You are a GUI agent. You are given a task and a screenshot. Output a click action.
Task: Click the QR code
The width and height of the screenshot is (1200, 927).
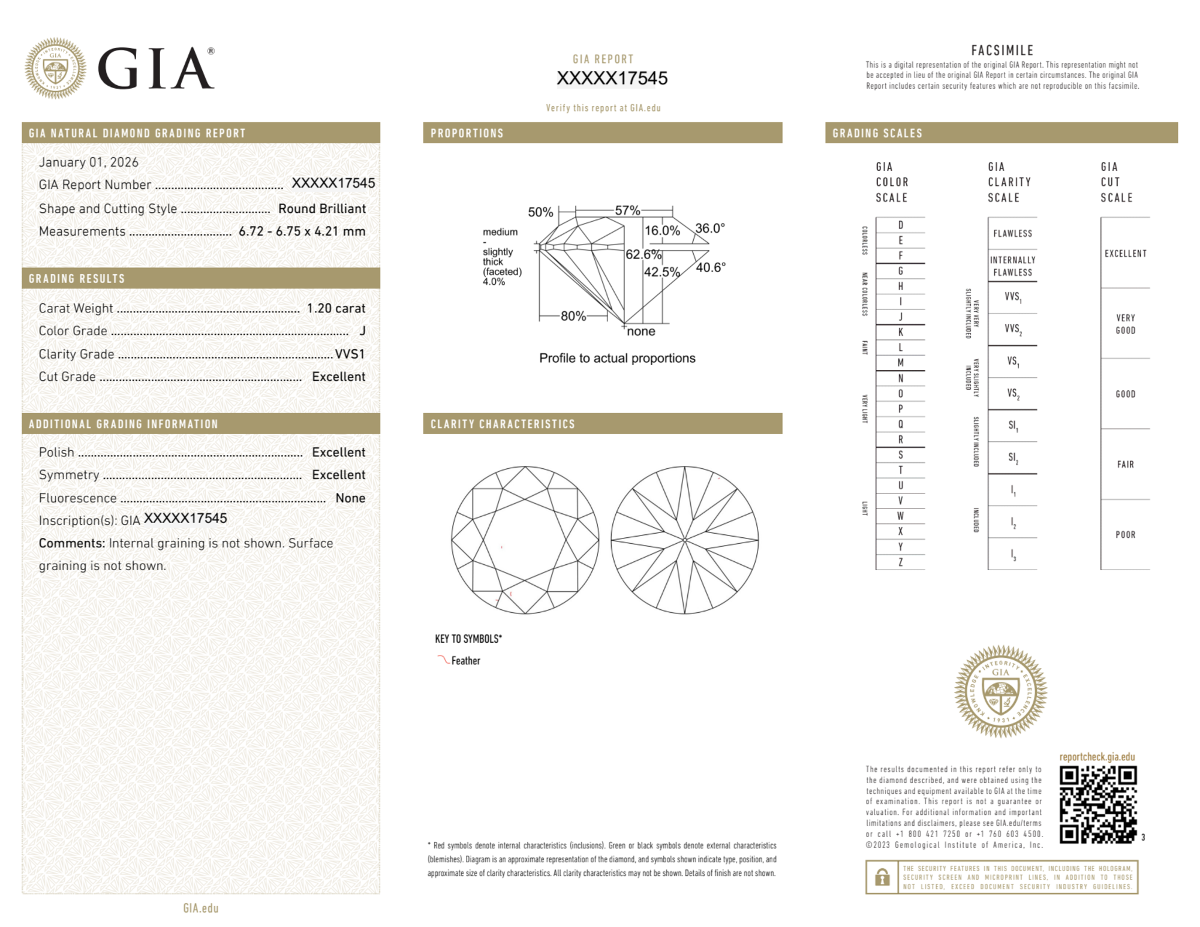tap(1097, 804)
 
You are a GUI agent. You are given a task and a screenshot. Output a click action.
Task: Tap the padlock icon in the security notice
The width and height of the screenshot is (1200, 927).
tap(882, 877)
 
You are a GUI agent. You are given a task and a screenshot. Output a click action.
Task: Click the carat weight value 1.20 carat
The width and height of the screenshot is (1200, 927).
tap(336, 308)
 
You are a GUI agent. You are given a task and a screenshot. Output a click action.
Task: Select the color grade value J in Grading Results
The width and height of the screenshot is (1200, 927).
tap(362, 331)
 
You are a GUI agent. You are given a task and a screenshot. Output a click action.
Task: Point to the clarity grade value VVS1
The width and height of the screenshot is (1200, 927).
tap(350, 354)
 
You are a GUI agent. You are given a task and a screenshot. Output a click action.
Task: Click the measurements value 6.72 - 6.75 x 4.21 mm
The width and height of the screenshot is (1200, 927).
tap(302, 231)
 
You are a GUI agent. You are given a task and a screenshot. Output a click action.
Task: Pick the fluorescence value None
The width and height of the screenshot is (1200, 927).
tap(350, 498)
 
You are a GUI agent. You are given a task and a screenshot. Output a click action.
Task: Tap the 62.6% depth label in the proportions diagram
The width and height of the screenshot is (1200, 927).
tap(643, 254)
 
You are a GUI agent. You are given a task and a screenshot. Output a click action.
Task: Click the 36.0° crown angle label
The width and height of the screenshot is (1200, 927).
tap(710, 228)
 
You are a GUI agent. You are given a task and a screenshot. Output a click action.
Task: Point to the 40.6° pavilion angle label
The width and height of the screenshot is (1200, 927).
tap(711, 267)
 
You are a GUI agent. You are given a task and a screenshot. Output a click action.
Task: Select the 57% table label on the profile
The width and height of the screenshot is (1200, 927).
tap(627, 210)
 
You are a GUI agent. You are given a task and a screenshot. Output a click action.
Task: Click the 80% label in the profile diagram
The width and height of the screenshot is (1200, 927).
tap(573, 316)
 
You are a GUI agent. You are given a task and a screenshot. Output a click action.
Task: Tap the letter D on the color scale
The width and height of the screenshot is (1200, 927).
tap(900, 225)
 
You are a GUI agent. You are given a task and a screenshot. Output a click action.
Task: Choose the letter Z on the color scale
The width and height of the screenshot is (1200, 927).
tap(900, 562)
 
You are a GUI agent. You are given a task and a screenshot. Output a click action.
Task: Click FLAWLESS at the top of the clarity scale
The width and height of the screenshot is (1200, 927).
tap(1012, 234)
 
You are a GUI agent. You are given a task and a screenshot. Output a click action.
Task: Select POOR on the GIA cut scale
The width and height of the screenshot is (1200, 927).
tap(1125, 535)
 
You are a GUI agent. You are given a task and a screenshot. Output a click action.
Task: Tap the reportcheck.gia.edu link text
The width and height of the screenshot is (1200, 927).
tap(1097, 757)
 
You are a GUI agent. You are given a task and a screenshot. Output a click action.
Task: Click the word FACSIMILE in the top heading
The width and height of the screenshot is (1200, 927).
tap(1002, 51)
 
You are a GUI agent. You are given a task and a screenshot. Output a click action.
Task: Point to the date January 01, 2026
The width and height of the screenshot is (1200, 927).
tap(89, 162)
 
